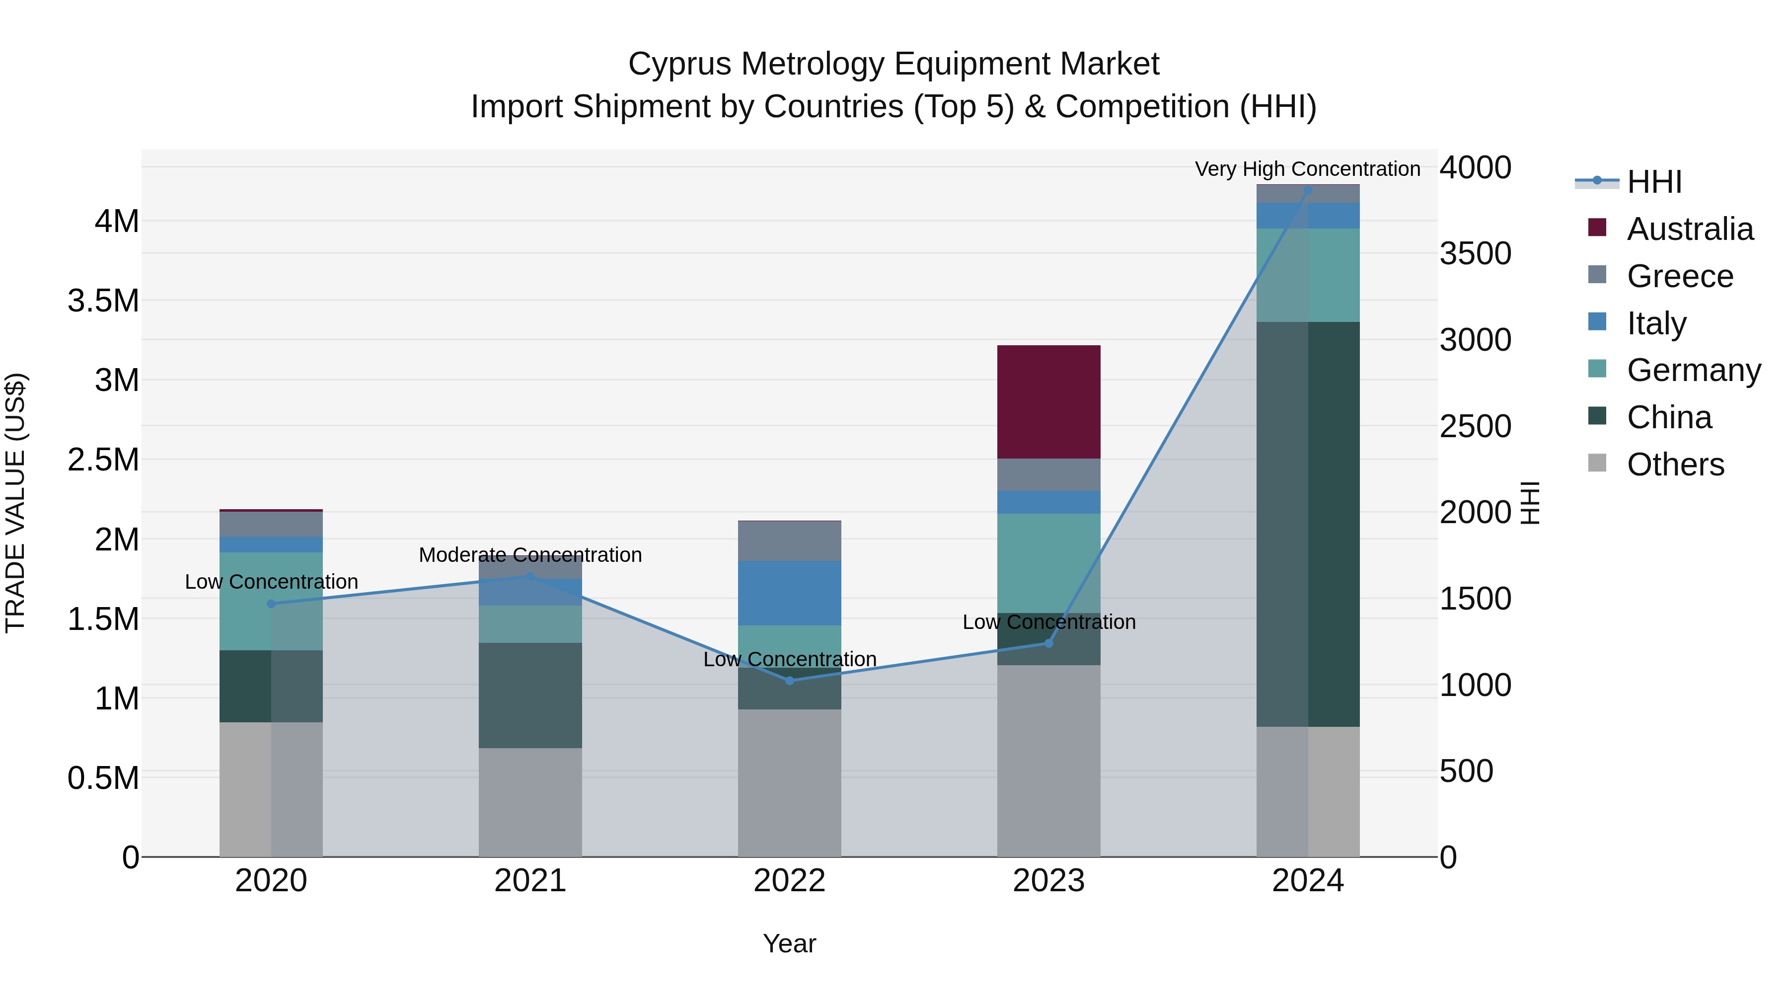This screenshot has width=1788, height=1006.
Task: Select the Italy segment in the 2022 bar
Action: (x=789, y=593)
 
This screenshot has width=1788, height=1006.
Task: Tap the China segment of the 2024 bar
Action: (x=1308, y=524)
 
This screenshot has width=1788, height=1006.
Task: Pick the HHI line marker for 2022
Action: (x=789, y=681)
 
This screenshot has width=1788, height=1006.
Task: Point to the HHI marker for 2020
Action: (x=271, y=603)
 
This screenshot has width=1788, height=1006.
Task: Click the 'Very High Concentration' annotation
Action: (x=1307, y=169)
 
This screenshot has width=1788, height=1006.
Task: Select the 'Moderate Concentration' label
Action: (x=530, y=555)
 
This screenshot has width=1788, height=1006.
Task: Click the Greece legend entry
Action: (x=1680, y=276)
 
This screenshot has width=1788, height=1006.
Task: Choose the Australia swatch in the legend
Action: (x=1597, y=228)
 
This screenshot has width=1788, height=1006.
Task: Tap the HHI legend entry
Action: (x=1653, y=182)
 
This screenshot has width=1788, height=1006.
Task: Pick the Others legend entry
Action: (x=1675, y=464)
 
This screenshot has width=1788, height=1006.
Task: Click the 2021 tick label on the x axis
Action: (x=530, y=880)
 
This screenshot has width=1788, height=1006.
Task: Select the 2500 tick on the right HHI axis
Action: (x=1475, y=426)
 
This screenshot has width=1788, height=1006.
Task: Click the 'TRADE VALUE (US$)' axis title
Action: (x=16, y=503)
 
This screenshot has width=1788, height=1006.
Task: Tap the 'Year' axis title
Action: (x=789, y=943)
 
